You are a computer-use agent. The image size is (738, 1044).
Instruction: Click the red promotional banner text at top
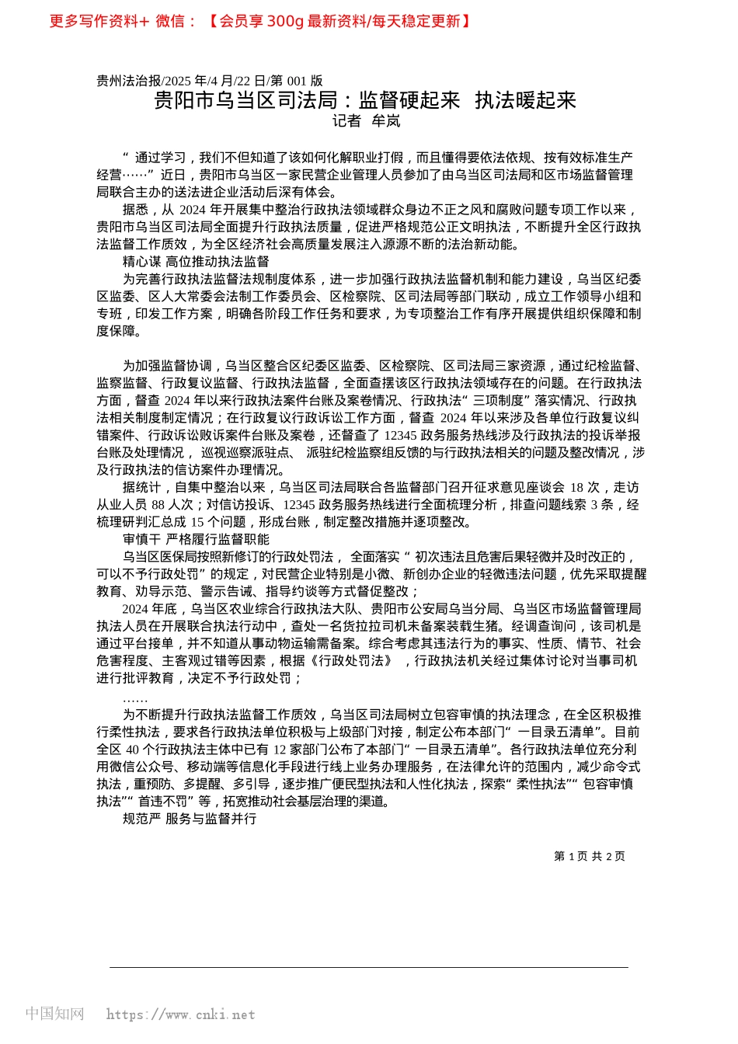(x=259, y=21)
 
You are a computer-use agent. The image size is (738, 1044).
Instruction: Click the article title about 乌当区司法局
(x=365, y=100)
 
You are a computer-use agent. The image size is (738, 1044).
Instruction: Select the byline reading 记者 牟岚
(x=366, y=120)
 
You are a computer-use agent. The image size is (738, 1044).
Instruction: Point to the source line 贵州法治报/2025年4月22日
(x=210, y=81)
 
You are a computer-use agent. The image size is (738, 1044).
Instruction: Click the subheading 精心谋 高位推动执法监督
(x=196, y=262)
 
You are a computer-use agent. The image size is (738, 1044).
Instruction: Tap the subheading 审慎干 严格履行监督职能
(x=196, y=539)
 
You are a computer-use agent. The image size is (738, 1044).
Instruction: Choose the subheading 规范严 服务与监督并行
(x=190, y=819)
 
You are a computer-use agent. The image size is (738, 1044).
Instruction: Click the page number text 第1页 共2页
(x=589, y=856)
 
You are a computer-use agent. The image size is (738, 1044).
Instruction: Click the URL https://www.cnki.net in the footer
(x=180, y=1014)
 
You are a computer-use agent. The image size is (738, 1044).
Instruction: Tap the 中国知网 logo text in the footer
(x=54, y=1014)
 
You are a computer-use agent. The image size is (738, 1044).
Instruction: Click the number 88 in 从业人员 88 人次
(x=158, y=505)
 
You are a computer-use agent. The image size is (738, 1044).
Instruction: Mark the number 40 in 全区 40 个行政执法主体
(x=132, y=750)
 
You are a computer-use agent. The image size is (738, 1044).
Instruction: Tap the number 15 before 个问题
(x=197, y=522)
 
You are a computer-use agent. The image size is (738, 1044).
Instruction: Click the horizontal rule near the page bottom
(x=369, y=967)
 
